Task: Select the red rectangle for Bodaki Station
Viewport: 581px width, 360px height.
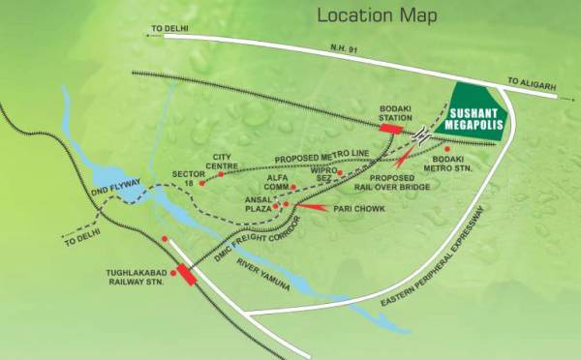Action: click(x=391, y=128)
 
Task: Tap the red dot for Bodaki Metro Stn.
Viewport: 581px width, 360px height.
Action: click(x=447, y=149)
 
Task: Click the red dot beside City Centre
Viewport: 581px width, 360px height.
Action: click(x=221, y=174)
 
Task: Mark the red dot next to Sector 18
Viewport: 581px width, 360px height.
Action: click(x=202, y=182)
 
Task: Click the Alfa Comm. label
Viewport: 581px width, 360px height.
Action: click(x=279, y=183)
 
